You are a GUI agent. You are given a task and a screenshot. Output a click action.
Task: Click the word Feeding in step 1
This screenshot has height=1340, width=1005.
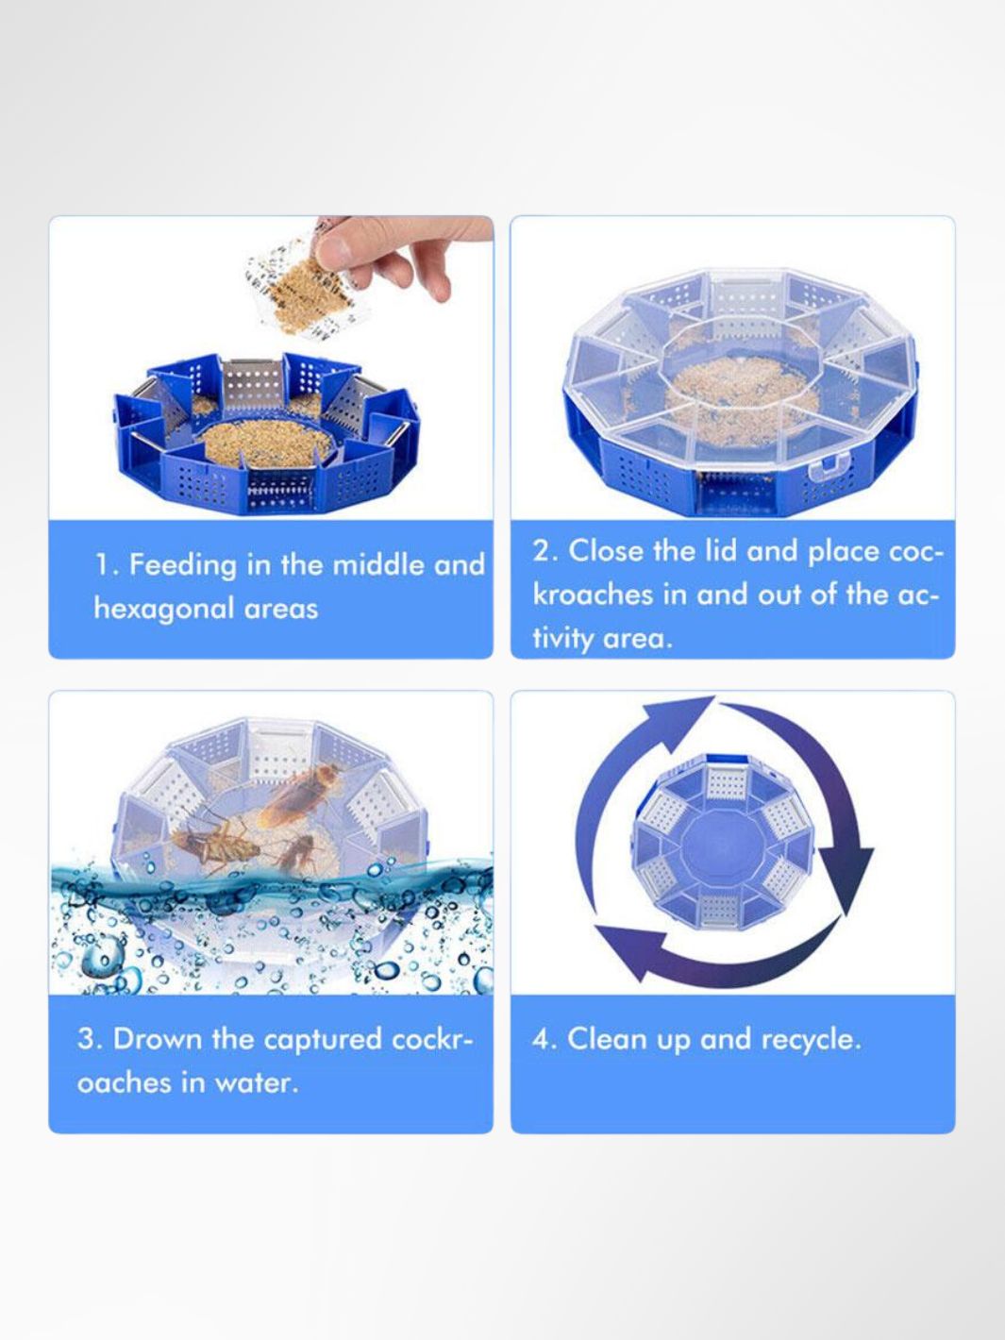tap(182, 565)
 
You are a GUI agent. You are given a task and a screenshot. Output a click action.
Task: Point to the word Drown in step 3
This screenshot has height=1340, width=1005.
tap(158, 1038)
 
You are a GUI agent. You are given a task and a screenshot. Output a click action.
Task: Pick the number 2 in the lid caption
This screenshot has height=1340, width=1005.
tap(542, 551)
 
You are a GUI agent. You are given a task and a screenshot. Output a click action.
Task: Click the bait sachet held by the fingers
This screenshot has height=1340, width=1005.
tap(310, 290)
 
